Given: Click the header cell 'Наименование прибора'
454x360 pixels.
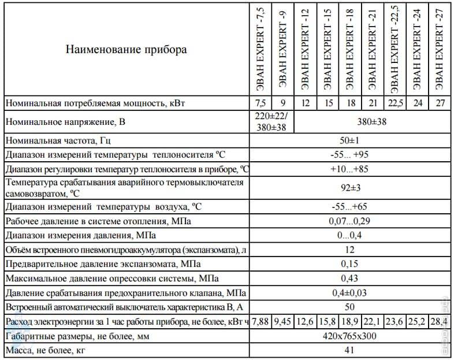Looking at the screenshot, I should click(126, 50).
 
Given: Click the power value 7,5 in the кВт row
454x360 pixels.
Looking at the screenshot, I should click(261, 103).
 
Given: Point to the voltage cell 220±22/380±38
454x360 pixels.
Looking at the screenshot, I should click(271, 123).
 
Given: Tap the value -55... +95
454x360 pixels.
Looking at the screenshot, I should click(350, 155).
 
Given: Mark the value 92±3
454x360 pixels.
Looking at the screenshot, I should click(350, 187).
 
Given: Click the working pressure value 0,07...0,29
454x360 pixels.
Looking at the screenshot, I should click(350, 221).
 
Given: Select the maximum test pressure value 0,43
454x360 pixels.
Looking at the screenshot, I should click(350, 278).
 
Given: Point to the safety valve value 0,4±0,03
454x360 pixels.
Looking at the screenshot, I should click(350, 292).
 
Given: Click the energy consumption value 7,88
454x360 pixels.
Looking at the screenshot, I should click(261, 321).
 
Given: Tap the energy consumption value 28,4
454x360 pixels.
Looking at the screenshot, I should click(440, 321).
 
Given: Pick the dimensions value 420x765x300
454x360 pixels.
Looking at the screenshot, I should click(350, 336).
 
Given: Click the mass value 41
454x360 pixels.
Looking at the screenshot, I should click(350, 350).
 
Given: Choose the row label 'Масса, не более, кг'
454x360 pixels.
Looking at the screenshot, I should click(47, 350).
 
